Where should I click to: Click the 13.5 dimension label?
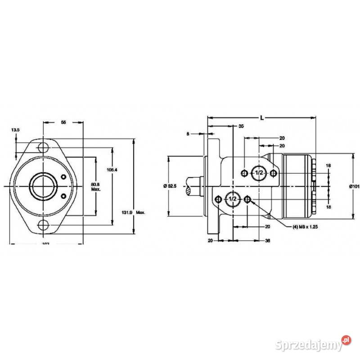[16, 130]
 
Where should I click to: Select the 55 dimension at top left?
[63, 122]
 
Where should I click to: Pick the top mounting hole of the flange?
[43, 147]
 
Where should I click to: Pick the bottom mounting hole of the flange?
[43, 225]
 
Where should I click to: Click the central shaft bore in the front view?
[43, 186]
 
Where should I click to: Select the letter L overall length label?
[261, 117]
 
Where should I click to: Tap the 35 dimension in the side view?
[241, 127]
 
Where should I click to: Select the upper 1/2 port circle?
[258, 173]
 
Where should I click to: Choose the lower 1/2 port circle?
[233, 199]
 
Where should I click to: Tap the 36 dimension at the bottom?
[268, 241]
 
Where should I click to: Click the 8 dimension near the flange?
[189, 133]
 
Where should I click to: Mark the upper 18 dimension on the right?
[328, 166]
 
